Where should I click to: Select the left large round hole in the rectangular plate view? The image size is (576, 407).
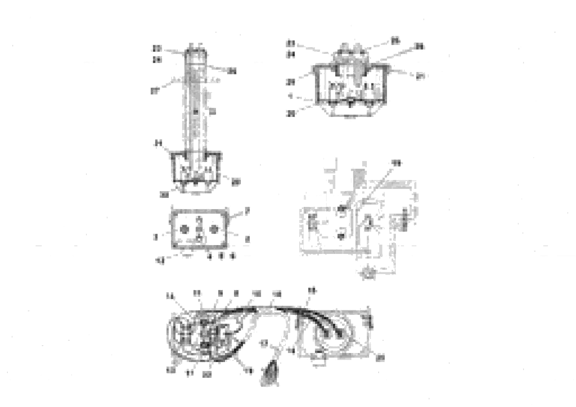coord(184,229)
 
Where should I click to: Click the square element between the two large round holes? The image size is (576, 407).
coord(199,229)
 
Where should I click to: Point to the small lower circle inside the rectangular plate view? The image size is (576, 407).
coord(199,238)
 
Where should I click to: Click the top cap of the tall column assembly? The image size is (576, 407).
coord(196,53)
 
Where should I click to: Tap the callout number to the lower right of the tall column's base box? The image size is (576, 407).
coord(235,182)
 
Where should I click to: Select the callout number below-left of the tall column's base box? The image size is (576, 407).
coord(164,195)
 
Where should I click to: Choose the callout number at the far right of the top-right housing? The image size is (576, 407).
coord(420,76)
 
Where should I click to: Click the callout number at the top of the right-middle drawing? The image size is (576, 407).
coord(396,163)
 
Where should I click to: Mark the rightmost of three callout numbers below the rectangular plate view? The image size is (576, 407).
coord(233,256)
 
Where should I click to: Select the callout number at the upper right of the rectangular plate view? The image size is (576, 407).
coord(247,211)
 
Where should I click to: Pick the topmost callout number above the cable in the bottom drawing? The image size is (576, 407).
coord(312,290)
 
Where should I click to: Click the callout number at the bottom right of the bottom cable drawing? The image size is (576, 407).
coord(380,358)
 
